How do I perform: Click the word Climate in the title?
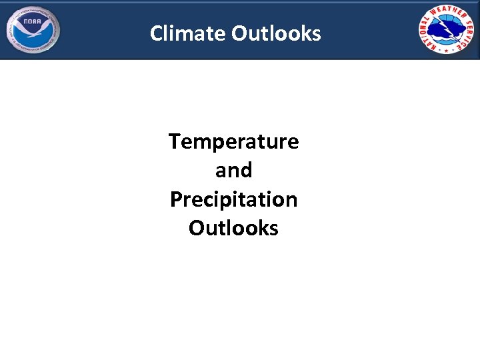click(189, 33)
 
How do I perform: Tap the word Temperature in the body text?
click(233, 141)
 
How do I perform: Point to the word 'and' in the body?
click(233, 171)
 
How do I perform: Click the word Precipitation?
click(233, 199)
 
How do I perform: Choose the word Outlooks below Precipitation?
click(233, 228)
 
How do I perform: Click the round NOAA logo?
click(33, 31)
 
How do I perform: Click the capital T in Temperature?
click(174, 141)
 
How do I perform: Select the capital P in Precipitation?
click(175, 199)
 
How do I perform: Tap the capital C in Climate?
click(157, 33)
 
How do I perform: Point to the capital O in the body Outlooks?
click(195, 228)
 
